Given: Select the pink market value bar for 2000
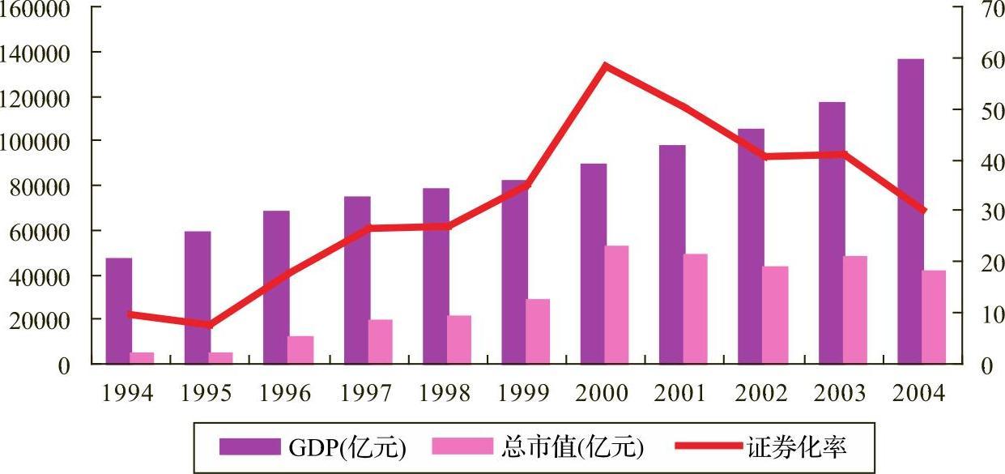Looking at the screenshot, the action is pyautogui.click(x=616, y=305).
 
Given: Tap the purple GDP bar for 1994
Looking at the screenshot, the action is pyautogui.click(x=119, y=310).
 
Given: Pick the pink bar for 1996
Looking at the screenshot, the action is pyautogui.click(x=300, y=350).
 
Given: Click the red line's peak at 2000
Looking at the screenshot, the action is pyautogui.click(x=606, y=66).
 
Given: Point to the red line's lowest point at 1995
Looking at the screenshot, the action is pyautogui.click(x=210, y=324).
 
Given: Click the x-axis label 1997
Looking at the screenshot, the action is pyautogui.click(x=366, y=393).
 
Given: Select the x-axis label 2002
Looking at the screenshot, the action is pyautogui.click(x=761, y=393).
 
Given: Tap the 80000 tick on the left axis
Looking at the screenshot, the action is pyautogui.click(x=40, y=186).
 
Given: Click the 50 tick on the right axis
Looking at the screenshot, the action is pyautogui.click(x=992, y=110).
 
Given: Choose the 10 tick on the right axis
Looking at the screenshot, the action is pyautogui.click(x=992, y=314).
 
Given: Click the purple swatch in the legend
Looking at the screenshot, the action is pyautogui.click(x=250, y=446).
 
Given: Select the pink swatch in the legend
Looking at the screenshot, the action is pyautogui.click(x=462, y=446).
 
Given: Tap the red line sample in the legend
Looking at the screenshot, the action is pyautogui.click(x=709, y=446).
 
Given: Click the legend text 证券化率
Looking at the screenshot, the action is pyautogui.click(x=797, y=447).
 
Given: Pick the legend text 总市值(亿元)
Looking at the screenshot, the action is pyautogui.click(x=572, y=447).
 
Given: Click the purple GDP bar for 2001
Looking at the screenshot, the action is pyautogui.click(x=672, y=254).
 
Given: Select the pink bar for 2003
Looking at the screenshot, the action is pyautogui.click(x=855, y=310).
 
